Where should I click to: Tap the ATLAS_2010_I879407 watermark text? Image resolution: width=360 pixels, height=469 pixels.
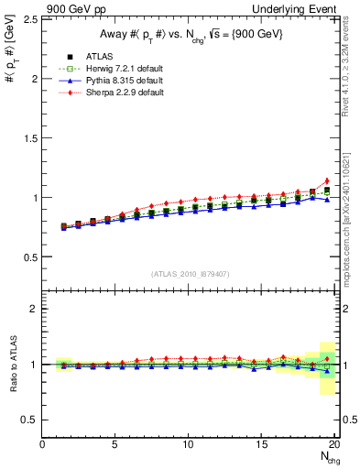click(190, 274)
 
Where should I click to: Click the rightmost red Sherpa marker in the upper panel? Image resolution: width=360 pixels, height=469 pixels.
click(327, 180)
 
